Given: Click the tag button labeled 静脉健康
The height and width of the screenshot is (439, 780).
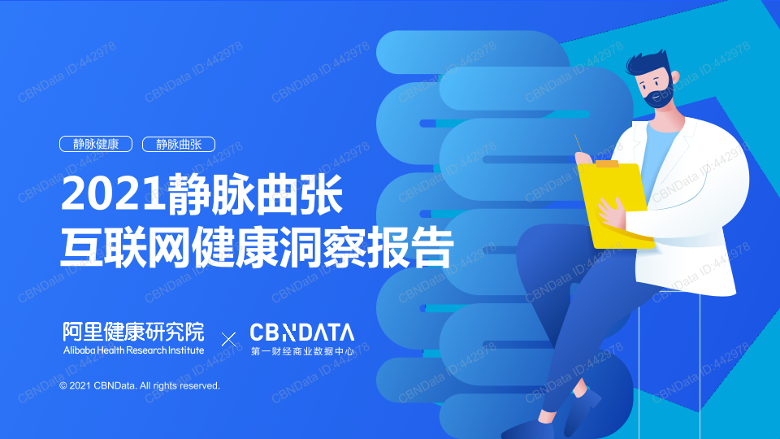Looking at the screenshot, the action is coord(96,144).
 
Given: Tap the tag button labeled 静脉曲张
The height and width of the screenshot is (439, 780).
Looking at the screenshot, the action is coord(179,144).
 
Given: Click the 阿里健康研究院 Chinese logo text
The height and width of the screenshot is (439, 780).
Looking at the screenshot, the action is coord(134,332).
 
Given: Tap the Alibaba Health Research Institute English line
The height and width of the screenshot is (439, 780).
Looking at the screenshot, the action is coord(134,350).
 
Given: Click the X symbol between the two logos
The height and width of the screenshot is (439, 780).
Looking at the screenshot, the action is coord(228,340).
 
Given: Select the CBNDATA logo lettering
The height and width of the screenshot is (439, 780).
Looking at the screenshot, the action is coord(302,333).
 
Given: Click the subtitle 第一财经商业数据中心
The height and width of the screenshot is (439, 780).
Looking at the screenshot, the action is coord(302,351).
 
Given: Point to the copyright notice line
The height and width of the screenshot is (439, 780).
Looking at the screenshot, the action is coord(140,385).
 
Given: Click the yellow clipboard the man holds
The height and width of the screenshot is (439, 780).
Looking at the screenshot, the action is coord(617,205).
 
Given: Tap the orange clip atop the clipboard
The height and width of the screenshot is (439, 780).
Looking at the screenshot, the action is coord(607,163).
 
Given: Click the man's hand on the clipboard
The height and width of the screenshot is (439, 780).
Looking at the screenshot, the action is coord(612,213).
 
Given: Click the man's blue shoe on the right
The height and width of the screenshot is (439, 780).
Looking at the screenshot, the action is coord(583,408).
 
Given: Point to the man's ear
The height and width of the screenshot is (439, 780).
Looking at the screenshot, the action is coord(675,78).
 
